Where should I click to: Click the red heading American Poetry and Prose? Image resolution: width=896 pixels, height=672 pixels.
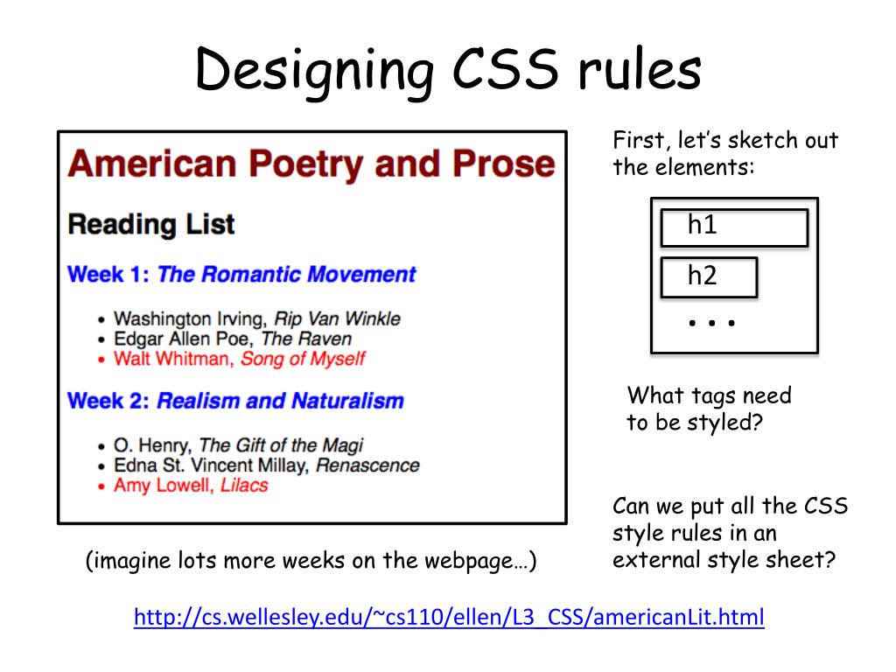coord(311,164)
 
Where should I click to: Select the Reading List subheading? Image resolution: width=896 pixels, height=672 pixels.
coord(151,224)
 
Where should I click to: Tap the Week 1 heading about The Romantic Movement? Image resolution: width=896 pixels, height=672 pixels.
coord(241,274)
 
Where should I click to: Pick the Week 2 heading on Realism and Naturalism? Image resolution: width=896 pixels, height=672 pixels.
coord(235,401)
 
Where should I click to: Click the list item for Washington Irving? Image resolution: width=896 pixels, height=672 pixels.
coord(256,318)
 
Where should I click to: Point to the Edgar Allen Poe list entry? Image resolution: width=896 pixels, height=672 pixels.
coord(232,339)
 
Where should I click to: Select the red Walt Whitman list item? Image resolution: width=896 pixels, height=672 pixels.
coord(239,359)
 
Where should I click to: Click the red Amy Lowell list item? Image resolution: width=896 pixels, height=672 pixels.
coord(190,486)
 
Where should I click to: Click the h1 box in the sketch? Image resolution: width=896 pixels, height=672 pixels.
coord(733,227)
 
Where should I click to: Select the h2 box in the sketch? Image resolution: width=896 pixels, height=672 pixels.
coord(708,277)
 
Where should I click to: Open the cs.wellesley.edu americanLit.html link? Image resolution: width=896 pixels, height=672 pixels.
coord(449,618)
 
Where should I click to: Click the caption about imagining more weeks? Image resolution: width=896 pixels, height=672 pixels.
coord(311,561)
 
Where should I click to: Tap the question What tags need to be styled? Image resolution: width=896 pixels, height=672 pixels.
coord(709,409)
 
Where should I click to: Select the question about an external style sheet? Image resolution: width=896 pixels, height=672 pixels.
coord(730,533)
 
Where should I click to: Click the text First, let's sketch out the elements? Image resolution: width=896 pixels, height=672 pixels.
coord(724,154)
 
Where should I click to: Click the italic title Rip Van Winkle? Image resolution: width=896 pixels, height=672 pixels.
coord(337,318)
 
